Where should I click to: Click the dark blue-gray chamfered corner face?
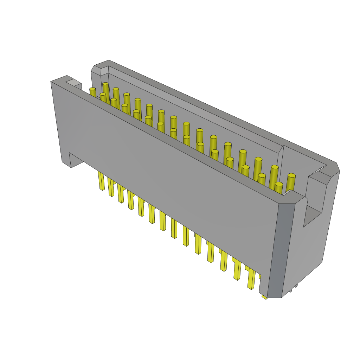pos(282,250)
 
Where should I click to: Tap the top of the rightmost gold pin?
pos(291,175)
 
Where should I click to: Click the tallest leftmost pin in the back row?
pos(105,84)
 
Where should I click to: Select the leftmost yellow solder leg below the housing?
pos(101,181)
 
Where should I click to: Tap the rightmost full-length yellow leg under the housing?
pos(251,279)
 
